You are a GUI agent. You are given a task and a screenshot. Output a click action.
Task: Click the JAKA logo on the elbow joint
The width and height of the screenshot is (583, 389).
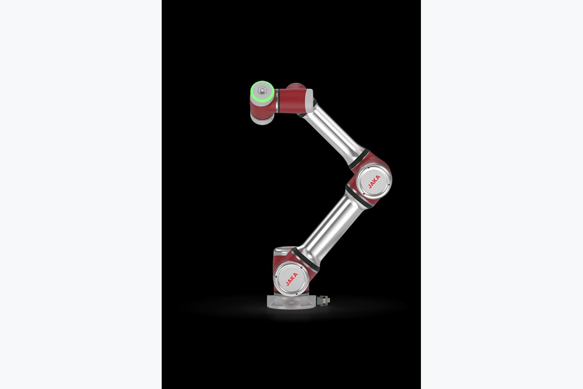pos(374,182)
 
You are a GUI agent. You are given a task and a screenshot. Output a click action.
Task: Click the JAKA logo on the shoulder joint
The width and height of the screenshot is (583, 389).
pos(292,279)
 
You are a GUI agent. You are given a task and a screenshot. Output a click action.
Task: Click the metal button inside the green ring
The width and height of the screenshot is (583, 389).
pos(262,90)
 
